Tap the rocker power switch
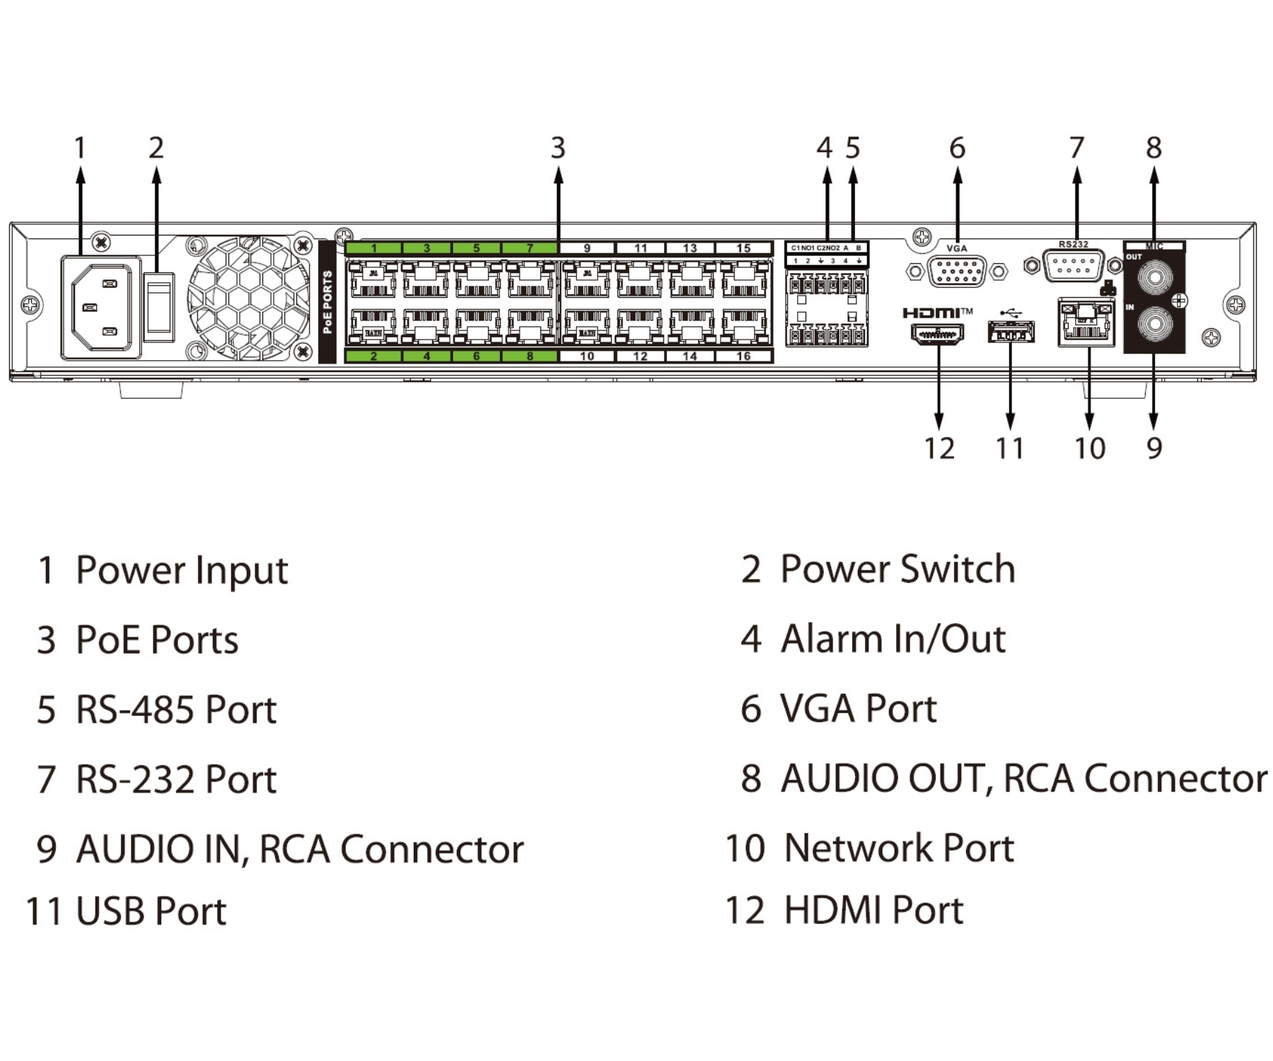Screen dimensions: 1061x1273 pyautogui.click(x=158, y=307)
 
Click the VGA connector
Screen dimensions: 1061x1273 pyautogui.click(x=957, y=271)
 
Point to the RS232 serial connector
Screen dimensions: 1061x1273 pyautogui.click(x=1073, y=266)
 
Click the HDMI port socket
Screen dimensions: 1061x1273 pyautogui.click(x=937, y=334)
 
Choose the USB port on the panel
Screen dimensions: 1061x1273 pyautogui.click(x=1011, y=332)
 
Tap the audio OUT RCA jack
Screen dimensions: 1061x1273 pyautogui.click(x=1154, y=277)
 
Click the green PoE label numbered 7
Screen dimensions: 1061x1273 pyautogui.click(x=530, y=248)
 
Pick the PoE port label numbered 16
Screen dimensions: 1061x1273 pyautogui.click(x=743, y=356)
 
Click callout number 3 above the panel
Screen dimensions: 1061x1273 pyautogui.click(x=558, y=148)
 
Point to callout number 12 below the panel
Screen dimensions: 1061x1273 pyautogui.click(x=939, y=448)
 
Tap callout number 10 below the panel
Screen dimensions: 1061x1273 pyautogui.click(x=1089, y=448)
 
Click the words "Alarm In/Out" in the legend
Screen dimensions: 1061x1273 pyautogui.click(x=893, y=639)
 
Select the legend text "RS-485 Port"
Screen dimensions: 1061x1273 pyautogui.click(x=175, y=709)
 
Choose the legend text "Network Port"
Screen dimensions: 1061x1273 pyautogui.click(x=899, y=847)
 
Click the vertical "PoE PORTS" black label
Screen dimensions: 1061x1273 pyautogui.click(x=327, y=302)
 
